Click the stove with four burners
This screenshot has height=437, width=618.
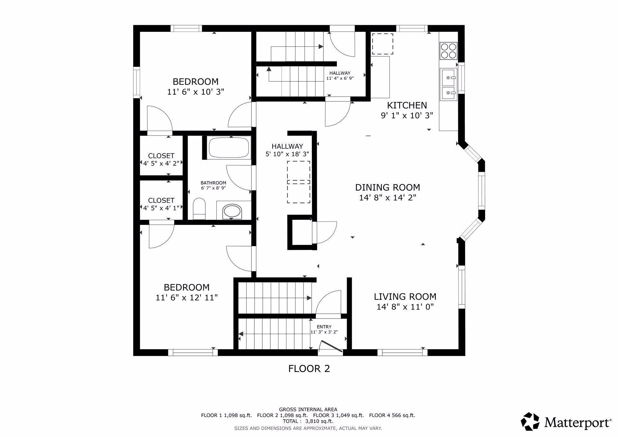[448, 51]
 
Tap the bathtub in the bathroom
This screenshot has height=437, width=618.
[229, 147]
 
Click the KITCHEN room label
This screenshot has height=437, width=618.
[407, 105]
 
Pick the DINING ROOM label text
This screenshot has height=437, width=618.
[388, 187]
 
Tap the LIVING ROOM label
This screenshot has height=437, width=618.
[405, 296]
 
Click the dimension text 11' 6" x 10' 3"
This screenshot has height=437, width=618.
[195, 92]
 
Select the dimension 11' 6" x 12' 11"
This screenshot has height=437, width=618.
[187, 298]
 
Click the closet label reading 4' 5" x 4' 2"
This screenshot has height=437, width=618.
[161, 163]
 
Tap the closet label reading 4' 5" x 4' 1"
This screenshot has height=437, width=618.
[161, 208]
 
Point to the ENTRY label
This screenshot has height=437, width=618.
[324, 327]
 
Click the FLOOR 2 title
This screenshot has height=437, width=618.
[309, 368]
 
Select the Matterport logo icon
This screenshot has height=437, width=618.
[530, 421]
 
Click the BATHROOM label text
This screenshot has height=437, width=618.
[213, 183]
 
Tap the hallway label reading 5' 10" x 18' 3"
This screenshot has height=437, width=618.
[287, 154]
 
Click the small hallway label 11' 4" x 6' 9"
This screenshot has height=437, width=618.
[340, 78]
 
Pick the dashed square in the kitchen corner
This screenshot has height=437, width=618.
[382, 44]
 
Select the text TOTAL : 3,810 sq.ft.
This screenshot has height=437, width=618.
[308, 421]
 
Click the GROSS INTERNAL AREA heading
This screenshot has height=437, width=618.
[308, 410]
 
